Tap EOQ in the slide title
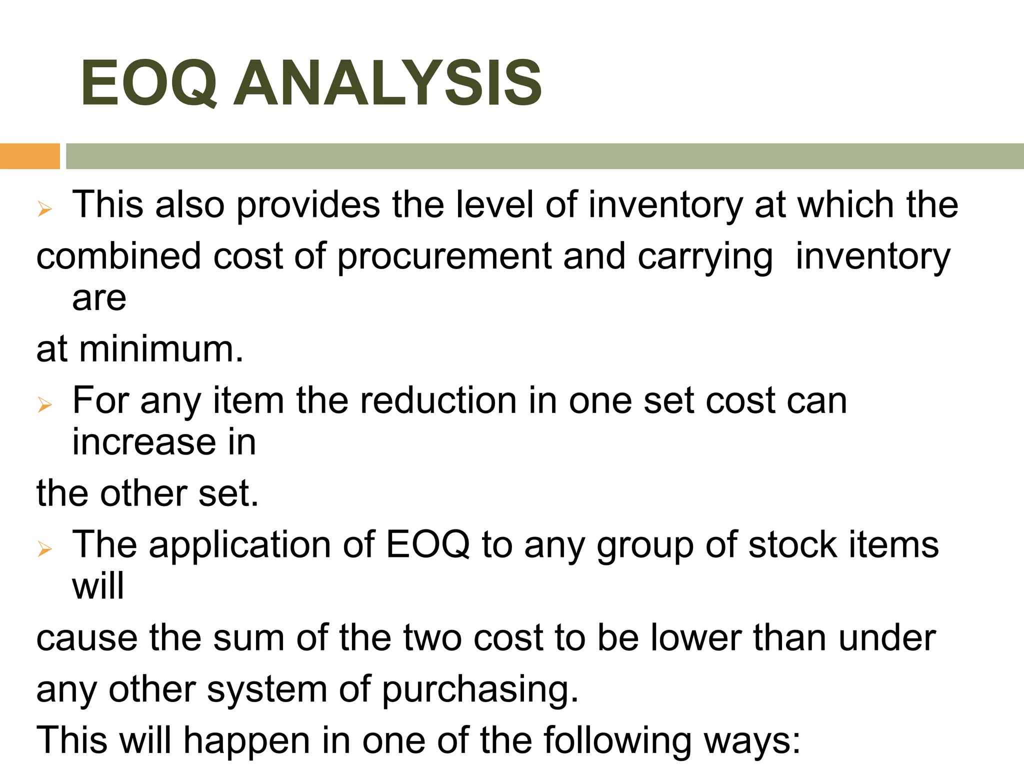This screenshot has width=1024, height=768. point(149,83)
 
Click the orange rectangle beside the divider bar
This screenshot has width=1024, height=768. point(29,156)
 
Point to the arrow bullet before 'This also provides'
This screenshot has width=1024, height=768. point(45,209)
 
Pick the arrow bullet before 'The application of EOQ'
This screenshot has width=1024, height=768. point(45,548)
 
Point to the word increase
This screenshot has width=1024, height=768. point(144,442)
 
